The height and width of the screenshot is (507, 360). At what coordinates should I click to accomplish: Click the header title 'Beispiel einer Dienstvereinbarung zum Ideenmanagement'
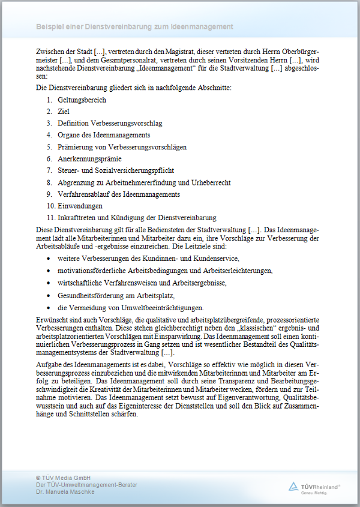click(x=134, y=27)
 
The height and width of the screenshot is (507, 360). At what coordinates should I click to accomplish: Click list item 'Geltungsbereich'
click(x=82, y=100)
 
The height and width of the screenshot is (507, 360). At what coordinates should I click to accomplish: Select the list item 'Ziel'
click(x=64, y=112)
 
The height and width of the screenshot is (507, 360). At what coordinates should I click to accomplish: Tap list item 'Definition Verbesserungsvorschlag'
click(x=110, y=124)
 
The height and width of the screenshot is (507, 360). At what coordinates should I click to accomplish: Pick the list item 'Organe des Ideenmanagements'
click(x=104, y=135)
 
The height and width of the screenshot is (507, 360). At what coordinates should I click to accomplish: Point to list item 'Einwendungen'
click(x=80, y=206)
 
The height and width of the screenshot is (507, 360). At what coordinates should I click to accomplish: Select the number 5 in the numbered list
click(x=49, y=147)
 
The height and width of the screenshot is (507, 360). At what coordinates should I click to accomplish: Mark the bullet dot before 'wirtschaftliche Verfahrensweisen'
click(x=49, y=283)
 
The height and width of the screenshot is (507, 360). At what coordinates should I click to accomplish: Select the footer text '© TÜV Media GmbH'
click(x=63, y=477)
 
